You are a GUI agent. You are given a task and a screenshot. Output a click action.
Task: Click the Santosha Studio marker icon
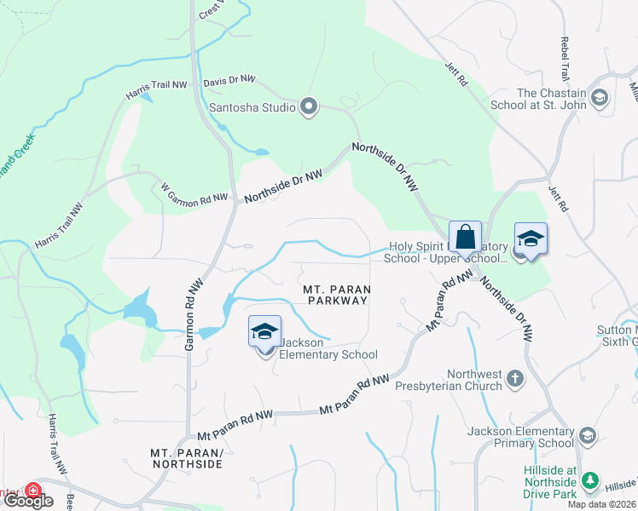[309, 107]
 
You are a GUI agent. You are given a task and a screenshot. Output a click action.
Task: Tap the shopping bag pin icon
[466, 237]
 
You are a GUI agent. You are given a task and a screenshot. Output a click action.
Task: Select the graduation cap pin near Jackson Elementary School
[264, 331]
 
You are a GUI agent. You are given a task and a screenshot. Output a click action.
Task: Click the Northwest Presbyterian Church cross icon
[514, 377]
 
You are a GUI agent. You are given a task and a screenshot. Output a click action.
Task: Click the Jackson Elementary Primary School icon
[586, 436]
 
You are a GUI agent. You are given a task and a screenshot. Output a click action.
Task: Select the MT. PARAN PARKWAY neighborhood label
[335, 295]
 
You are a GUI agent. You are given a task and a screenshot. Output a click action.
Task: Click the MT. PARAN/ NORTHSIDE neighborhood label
[186, 458]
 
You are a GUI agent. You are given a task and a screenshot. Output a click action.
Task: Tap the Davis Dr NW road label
[229, 79]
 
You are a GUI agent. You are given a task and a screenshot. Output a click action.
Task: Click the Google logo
[28, 501]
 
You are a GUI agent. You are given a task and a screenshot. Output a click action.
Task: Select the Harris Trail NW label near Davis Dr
[156, 89]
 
